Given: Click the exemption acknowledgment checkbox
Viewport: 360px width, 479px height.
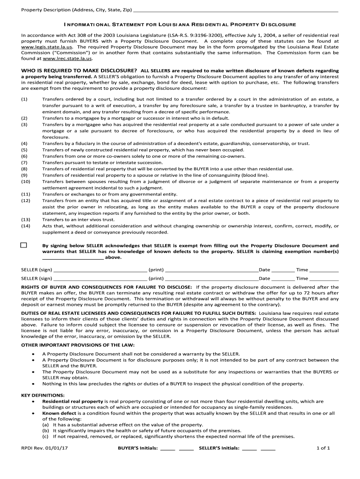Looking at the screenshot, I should (24, 245).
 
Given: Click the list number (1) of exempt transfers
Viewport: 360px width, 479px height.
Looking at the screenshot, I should (24, 99).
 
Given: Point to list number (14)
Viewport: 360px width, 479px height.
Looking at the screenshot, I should (26, 226).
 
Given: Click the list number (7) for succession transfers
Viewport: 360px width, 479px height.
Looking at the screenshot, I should (24, 162).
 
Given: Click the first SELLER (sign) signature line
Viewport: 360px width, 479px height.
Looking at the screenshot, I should (100, 270).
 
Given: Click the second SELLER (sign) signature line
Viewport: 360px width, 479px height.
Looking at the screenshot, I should (100, 278).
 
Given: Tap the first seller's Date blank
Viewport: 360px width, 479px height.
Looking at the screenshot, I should (282, 270).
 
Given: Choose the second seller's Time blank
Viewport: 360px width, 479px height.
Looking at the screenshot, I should (324, 278).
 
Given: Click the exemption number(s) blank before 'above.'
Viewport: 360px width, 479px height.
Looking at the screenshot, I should (72, 257).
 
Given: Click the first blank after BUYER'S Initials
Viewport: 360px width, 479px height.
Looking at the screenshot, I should (168, 448).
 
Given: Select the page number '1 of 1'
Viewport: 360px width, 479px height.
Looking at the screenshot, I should (323, 448).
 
